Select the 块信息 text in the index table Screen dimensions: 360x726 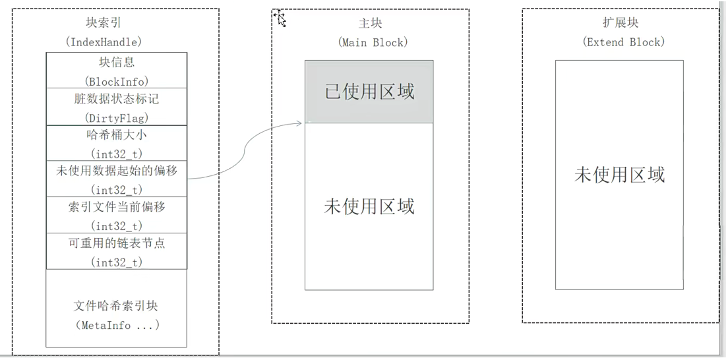pos(117,62)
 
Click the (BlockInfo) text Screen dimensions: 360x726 pos(117,81)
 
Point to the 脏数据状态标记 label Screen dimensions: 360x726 pos(117,100)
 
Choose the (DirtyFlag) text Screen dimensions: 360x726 pos(117,118)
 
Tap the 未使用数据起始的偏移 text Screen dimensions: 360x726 pos(117,171)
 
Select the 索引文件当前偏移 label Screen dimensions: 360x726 pos(117,207)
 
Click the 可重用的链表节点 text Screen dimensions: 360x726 pos(117,243)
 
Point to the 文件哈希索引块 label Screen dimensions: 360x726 pos(117,306)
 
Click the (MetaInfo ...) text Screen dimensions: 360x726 pos(117,325)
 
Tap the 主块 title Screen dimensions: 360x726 pos(371,23)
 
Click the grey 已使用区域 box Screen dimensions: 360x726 pos(369,92)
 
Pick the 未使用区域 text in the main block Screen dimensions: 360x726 pos(369,206)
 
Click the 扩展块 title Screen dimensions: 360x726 pos(620,23)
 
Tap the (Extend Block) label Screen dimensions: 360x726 pos(623,42)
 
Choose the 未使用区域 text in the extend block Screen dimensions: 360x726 pos(619,174)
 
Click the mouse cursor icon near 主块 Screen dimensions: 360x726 pos(281,20)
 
